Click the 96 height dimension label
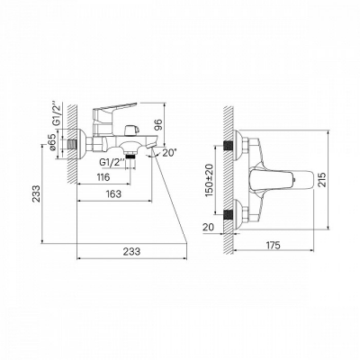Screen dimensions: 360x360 click(159, 124)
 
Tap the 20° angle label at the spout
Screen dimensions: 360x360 click(169, 153)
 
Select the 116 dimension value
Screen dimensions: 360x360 click(103, 177)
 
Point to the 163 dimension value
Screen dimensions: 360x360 click(113, 194)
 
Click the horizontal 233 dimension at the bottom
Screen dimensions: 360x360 click(131, 251)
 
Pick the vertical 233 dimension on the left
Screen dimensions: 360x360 click(36, 193)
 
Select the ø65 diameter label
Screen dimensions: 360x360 click(52, 143)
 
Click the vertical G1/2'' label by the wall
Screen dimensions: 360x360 click(57, 114)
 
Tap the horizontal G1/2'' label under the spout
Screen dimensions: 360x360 click(112, 163)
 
